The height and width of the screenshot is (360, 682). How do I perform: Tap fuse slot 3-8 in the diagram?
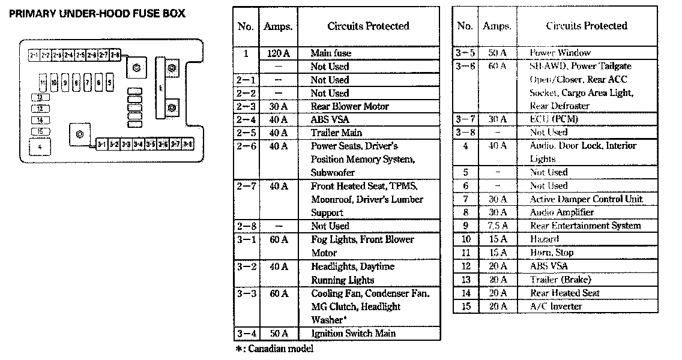188,145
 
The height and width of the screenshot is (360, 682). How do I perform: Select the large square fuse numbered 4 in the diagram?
40,146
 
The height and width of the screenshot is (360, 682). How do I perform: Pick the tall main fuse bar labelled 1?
160,86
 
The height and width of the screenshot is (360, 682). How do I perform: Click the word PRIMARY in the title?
31,13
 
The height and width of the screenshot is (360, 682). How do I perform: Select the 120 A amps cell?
278,53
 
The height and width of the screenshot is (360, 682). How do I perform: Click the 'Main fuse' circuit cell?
331,53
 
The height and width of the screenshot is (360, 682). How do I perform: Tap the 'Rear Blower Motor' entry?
349,106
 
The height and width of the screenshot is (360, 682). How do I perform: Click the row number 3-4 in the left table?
246,333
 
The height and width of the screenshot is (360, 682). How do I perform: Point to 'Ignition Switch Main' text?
353,333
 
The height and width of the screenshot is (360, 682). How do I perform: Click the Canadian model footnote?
274,349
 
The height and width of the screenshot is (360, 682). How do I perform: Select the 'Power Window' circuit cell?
560,53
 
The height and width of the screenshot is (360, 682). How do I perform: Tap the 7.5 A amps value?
497,226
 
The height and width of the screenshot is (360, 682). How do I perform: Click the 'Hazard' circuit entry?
544,239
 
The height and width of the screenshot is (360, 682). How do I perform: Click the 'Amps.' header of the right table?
497,26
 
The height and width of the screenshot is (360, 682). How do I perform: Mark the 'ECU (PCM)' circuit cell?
553,119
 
